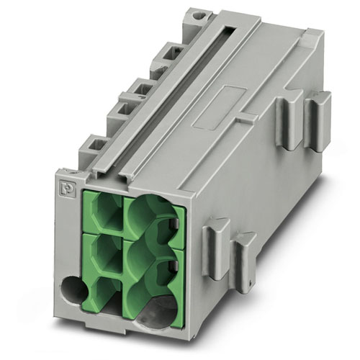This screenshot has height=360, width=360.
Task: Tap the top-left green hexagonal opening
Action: coord(106,211)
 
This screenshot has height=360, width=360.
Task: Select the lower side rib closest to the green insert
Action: coord(212,252)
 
